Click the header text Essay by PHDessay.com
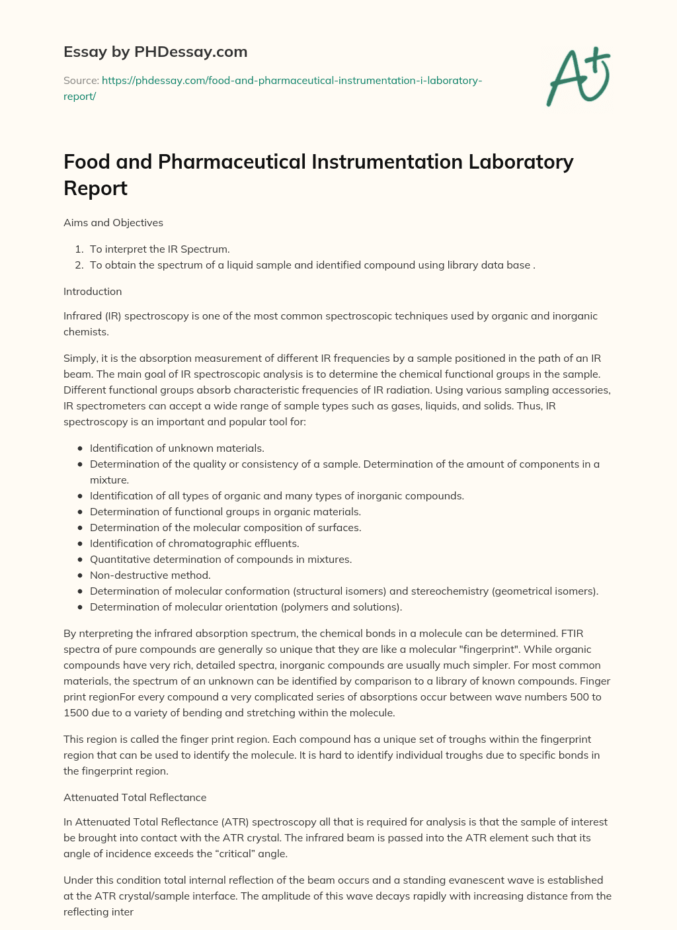coord(155,52)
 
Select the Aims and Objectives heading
coord(113,223)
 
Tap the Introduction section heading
coord(93,292)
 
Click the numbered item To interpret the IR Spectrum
coord(159,249)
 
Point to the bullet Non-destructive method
coord(150,575)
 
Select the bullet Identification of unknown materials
coord(177,448)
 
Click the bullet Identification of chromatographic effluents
coord(194,544)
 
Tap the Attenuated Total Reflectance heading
coord(135,798)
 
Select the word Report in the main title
coord(95,189)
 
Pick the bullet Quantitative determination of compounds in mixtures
coord(220,560)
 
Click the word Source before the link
coord(80,81)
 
